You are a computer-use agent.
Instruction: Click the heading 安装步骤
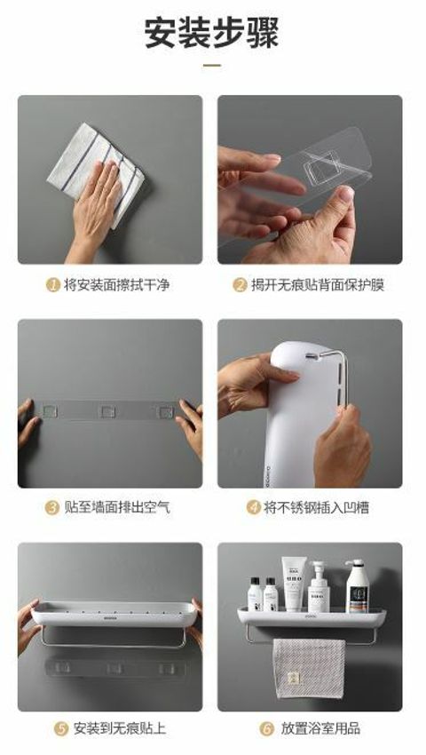click(x=212, y=33)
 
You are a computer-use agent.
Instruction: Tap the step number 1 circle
click(x=53, y=284)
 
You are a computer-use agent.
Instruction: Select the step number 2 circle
click(x=240, y=284)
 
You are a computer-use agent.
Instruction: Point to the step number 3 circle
click(x=52, y=507)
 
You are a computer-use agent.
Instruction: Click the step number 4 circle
click(x=253, y=507)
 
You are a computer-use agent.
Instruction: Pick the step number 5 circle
click(x=61, y=728)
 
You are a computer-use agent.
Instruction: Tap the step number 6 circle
click(x=266, y=728)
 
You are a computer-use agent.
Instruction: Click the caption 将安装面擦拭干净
click(x=117, y=284)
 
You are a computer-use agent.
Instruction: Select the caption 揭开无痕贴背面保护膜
click(x=318, y=284)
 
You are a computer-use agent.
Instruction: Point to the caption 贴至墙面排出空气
click(x=117, y=507)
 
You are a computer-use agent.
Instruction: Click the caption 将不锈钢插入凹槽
click(x=316, y=507)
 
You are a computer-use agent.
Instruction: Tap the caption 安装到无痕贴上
click(x=120, y=728)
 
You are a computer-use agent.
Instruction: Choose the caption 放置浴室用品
click(x=320, y=728)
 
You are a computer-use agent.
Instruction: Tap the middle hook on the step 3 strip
click(x=106, y=411)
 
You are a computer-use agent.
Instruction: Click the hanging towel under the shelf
click(x=309, y=667)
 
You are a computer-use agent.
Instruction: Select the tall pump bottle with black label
click(x=357, y=585)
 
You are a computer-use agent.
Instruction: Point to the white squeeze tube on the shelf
click(x=294, y=584)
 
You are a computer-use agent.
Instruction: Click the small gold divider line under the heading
click(x=212, y=65)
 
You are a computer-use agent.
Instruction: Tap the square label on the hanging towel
click(x=293, y=678)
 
